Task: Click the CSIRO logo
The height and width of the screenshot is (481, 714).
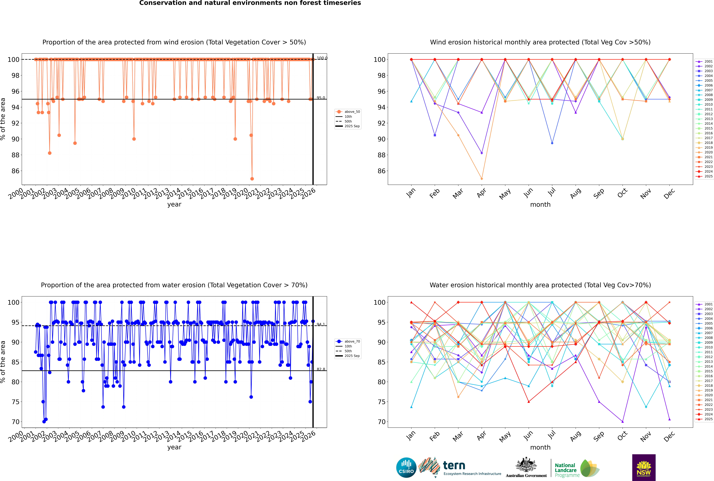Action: click(x=406, y=468)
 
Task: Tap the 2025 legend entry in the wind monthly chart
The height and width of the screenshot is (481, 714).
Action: click(x=705, y=176)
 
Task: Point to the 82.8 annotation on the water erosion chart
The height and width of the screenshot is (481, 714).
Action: click(x=321, y=369)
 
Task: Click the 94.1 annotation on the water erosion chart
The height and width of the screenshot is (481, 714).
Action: click(x=321, y=324)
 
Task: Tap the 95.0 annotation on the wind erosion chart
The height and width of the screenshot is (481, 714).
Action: click(x=321, y=98)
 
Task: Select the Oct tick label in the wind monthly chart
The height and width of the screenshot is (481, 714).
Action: click(x=622, y=193)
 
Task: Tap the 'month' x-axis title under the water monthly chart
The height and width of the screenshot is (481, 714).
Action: click(x=540, y=447)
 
